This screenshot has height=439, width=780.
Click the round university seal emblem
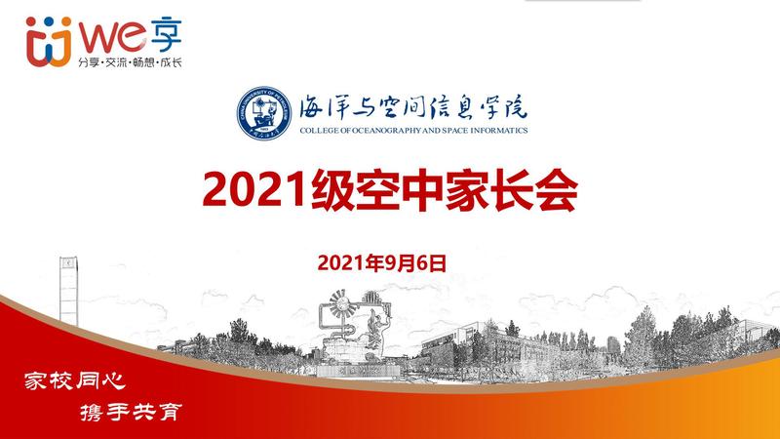[264, 113]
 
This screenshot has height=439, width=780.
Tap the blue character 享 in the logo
[166, 36]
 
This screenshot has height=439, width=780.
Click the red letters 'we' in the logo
[112, 37]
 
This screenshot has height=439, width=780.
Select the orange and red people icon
[49, 42]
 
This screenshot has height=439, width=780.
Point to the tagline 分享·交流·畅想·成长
[130, 62]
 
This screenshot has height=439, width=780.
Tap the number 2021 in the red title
[254, 189]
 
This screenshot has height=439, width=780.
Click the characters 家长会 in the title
[511, 189]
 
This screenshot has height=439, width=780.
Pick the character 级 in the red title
[332, 189]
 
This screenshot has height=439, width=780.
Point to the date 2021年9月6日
[381, 262]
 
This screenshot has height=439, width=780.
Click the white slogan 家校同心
[75, 380]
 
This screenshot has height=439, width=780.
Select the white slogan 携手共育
[132, 412]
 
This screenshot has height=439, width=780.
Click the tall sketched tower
[68, 291]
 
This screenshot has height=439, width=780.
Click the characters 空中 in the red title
[400, 189]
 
